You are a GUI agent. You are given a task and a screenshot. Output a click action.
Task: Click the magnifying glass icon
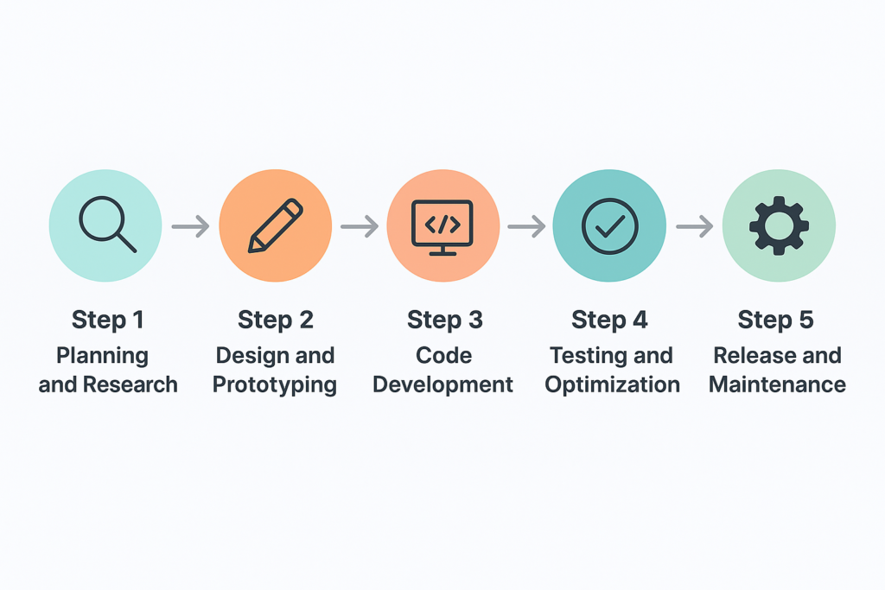pos(106,225)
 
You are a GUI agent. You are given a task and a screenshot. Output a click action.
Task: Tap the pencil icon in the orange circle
pos(275,225)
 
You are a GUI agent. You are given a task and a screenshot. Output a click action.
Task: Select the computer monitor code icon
pos(442,226)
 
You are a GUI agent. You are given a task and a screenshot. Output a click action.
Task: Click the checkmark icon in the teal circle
pos(609,225)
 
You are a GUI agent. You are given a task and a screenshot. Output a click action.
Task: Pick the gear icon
pos(778,225)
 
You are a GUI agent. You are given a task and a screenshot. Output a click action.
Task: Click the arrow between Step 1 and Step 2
pos(190,227)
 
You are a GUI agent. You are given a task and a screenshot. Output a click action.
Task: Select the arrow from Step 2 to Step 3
pos(359,227)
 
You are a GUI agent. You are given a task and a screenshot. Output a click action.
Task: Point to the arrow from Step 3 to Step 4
pos(525,227)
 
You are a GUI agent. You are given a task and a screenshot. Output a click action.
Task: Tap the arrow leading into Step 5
pos(694,227)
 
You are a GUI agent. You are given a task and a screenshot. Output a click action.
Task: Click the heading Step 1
pos(107,320)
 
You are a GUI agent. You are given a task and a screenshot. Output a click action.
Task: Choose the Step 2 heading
pos(275,320)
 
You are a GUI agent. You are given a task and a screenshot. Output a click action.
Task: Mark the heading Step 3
pos(444,320)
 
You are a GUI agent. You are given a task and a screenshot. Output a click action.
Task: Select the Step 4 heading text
pos(609,320)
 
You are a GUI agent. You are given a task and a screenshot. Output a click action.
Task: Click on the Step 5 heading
pos(775,320)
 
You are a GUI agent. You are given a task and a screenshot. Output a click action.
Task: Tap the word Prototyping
pos(275,385)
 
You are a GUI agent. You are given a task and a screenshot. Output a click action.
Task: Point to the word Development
pos(443,385)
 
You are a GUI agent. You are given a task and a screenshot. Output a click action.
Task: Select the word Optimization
pos(612,385)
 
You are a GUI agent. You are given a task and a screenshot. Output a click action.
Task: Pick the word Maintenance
pos(777,384)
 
